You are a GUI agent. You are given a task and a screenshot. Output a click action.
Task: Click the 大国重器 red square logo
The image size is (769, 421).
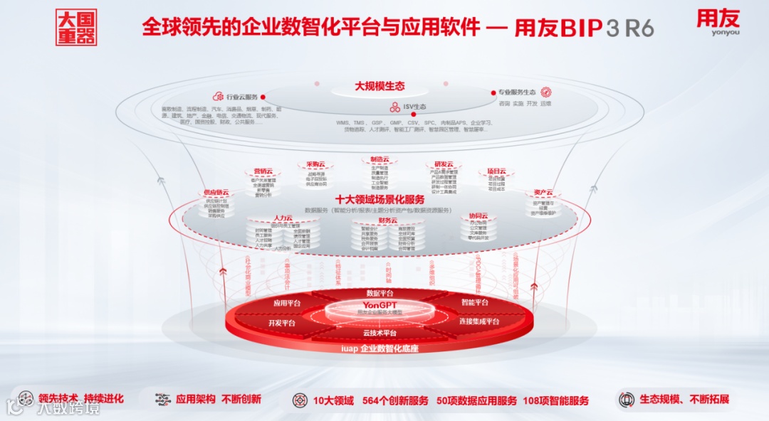75,27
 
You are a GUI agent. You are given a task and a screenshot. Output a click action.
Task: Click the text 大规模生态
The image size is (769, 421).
380,86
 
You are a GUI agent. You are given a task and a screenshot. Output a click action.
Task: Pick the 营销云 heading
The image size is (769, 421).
263,171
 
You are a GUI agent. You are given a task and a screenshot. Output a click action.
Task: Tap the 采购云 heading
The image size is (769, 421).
315,164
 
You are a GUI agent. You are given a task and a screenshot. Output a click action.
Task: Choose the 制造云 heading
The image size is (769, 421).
380,159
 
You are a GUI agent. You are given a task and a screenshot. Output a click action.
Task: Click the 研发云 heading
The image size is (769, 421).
444,164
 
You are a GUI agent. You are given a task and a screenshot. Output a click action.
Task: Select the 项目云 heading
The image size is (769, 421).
496,171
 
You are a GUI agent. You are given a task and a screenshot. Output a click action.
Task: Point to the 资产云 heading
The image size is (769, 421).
543,193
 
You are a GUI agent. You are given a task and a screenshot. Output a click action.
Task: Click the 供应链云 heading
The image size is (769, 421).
216,193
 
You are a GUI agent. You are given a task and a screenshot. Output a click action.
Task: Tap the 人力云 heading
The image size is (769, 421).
283,218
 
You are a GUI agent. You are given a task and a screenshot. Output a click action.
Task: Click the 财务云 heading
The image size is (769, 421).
387,220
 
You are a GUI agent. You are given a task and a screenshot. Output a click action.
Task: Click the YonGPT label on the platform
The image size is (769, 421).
380,305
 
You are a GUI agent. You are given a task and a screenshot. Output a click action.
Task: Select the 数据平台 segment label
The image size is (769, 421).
380,293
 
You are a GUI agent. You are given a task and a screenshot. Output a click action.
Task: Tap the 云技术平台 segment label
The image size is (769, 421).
380,333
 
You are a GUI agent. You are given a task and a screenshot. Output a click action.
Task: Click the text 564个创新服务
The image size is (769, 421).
395,401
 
